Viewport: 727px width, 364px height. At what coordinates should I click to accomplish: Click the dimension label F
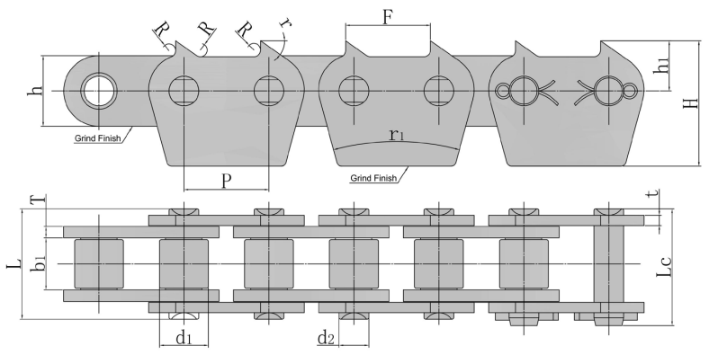click(x=388, y=17)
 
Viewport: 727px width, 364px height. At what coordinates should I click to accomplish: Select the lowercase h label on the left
click(x=37, y=93)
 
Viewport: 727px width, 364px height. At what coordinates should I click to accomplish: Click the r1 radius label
click(x=397, y=135)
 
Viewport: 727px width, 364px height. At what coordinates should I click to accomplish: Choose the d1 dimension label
click(x=184, y=339)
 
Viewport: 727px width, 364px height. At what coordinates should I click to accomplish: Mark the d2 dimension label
click(x=327, y=339)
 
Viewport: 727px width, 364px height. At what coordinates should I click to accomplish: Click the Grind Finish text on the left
click(x=100, y=139)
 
